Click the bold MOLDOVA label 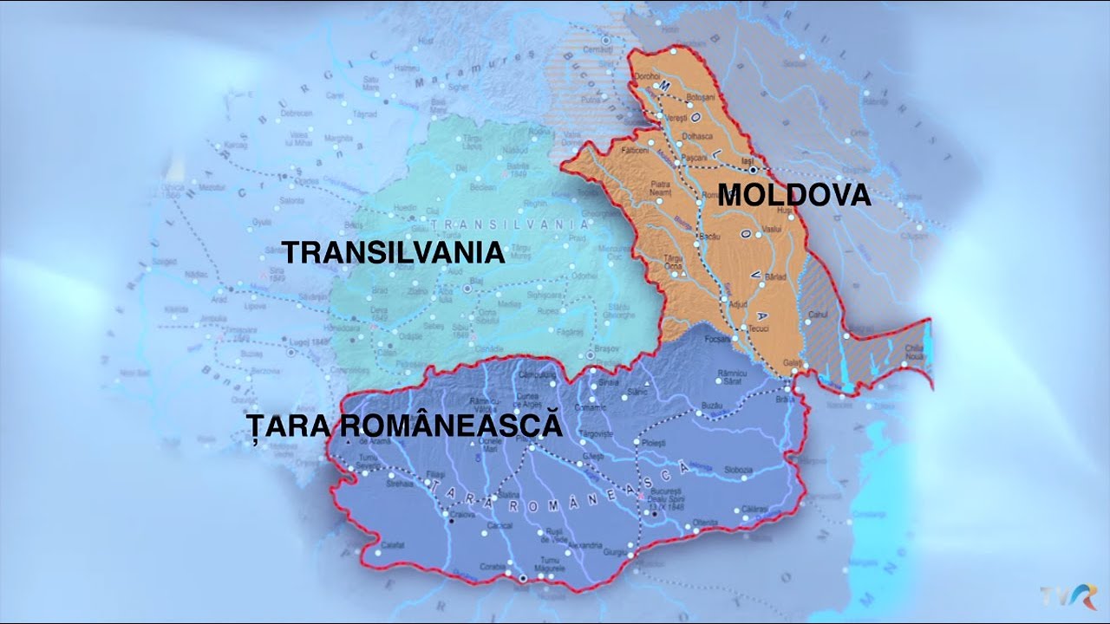794,195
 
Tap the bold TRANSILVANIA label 394,252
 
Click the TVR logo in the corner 1069,596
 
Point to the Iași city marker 752,170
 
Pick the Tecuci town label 759,328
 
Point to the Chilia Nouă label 914,352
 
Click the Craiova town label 463,514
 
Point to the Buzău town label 712,406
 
